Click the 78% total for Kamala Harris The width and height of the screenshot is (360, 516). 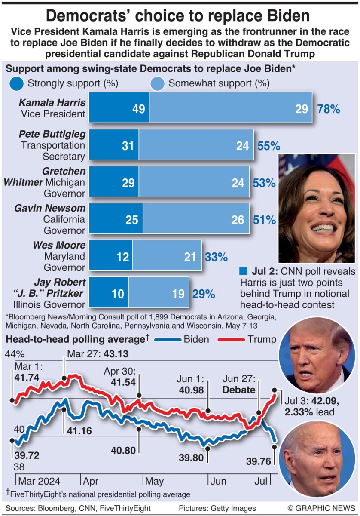pyautogui.click(x=329, y=109)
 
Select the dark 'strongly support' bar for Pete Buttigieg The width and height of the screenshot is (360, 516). pyautogui.click(x=114, y=146)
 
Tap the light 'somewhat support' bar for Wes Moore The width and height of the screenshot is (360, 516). pyautogui.click(x=167, y=257)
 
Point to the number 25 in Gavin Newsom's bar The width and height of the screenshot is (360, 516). pyautogui.click(x=131, y=220)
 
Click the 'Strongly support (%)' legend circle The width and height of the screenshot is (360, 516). pyautogui.click(x=15, y=83)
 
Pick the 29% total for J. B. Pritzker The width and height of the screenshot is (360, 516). pyautogui.click(x=203, y=294)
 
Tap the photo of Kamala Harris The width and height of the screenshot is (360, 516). pyautogui.click(x=317, y=208)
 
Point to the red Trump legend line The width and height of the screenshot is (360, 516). pyautogui.click(x=229, y=340)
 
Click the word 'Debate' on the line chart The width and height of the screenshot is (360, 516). pyautogui.click(x=239, y=390)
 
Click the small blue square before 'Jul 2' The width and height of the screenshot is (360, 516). pyautogui.click(x=243, y=272)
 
